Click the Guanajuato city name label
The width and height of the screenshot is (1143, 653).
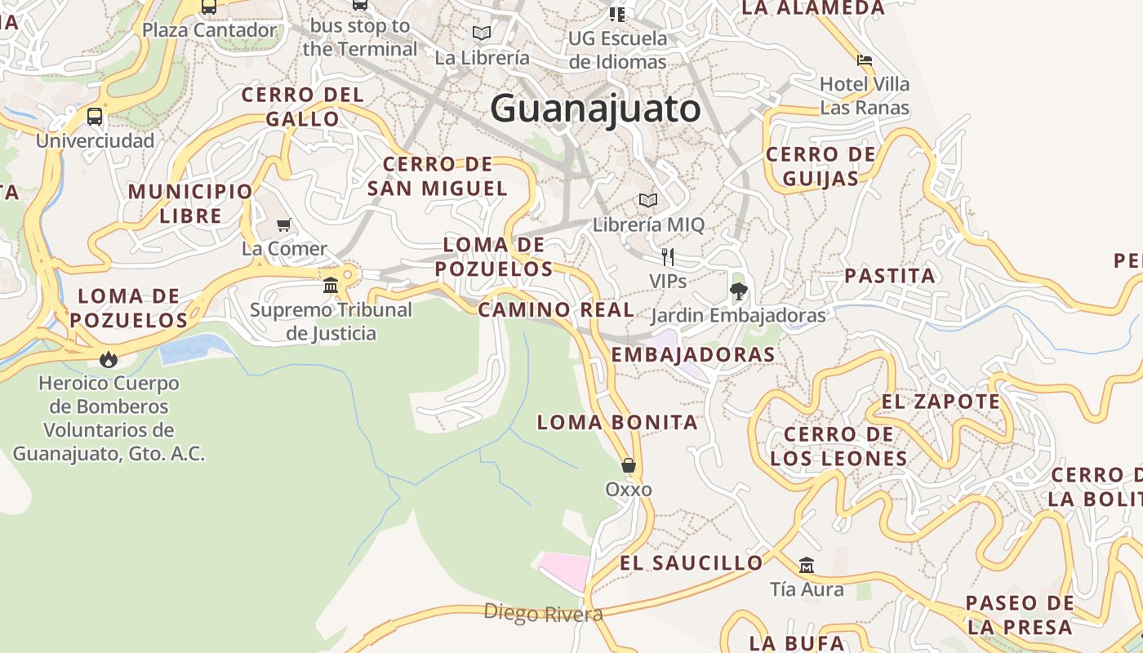[x=595, y=109]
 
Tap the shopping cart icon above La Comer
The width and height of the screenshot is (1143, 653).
[x=284, y=224]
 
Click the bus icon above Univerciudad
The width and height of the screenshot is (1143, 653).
[x=95, y=117]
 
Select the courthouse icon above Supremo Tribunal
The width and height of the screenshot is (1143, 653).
[x=331, y=286]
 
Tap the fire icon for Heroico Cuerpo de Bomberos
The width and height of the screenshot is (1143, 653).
[x=108, y=359]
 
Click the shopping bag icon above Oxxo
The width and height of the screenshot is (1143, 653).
[x=628, y=465]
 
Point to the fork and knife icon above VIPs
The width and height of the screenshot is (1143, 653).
[x=668, y=257]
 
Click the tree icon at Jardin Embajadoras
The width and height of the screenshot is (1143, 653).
[x=738, y=291]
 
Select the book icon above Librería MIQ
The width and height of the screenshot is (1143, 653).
[x=648, y=200]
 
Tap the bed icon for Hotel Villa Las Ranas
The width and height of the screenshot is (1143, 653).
[x=865, y=60]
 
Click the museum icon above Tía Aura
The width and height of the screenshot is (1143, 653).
[x=807, y=565]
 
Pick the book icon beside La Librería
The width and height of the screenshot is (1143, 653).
[x=482, y=33]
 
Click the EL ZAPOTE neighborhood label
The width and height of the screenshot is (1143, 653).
[x=941, y=402]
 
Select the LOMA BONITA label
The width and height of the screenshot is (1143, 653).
[x=617, y=422]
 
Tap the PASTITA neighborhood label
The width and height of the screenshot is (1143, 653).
[x=890, y=276]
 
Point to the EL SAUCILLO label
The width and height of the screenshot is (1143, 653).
[x=691, y=562]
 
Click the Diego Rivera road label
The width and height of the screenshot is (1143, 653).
[x=543, y=613]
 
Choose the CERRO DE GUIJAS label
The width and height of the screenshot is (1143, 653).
[x=821, y=167]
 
